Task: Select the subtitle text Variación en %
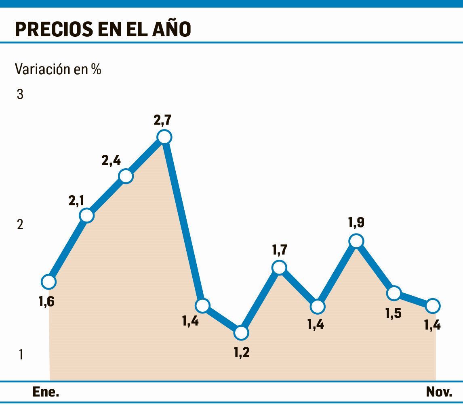coord(58,69)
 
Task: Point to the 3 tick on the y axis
coord(20,95)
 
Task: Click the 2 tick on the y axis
coord(20,225)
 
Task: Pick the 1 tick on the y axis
coord(20,355)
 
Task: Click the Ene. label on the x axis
coord(46,392)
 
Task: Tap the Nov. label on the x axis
coord(439,392)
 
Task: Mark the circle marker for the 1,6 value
coord(48,282)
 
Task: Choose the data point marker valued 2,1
coord(87,215)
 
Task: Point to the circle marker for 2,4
coord(126,176)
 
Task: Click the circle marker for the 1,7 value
coord(279,267)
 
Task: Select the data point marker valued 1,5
coord(394,293)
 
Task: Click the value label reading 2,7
coord(162,120)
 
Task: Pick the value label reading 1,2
coord(241,352)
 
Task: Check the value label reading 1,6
coord(46,301)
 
